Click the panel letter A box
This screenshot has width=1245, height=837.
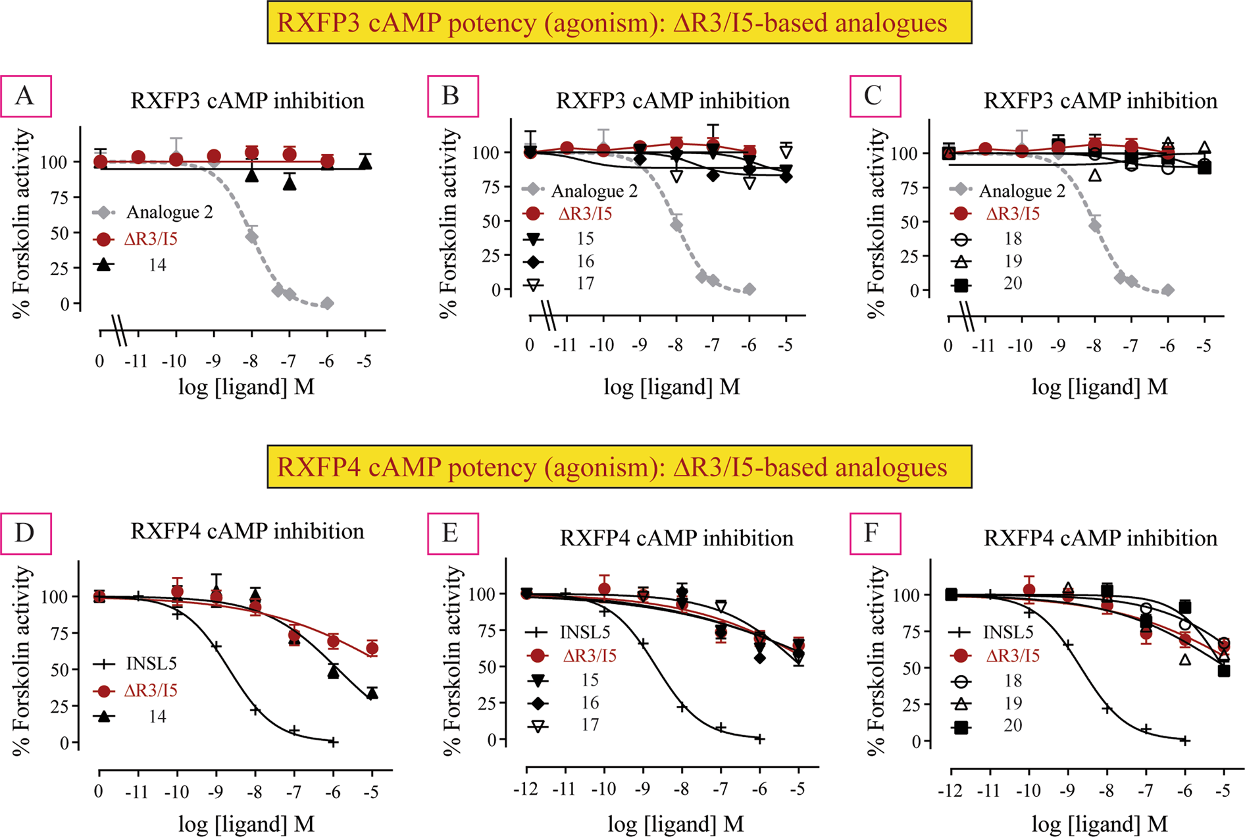26,96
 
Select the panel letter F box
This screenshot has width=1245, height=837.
875,533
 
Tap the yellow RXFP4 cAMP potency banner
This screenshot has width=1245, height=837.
619,467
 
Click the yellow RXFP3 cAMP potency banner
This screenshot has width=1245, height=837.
619,22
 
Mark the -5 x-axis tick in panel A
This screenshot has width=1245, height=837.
365,361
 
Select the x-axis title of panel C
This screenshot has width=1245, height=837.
1099,387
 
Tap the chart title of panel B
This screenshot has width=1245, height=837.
673,101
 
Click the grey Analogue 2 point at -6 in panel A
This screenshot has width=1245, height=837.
327,303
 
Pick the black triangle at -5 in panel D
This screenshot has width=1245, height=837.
372,694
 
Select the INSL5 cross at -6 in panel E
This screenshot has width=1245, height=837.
760,739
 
